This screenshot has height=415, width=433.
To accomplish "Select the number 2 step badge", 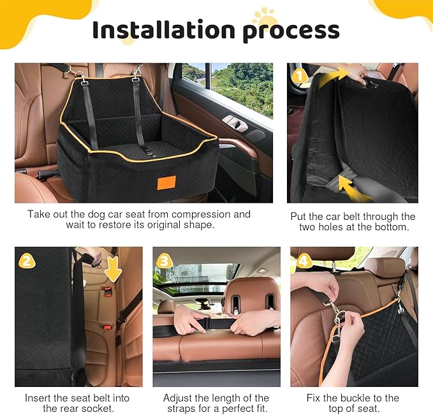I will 26,260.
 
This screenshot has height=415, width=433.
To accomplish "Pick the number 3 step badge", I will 164,261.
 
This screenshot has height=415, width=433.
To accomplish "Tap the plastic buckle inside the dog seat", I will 147,152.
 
